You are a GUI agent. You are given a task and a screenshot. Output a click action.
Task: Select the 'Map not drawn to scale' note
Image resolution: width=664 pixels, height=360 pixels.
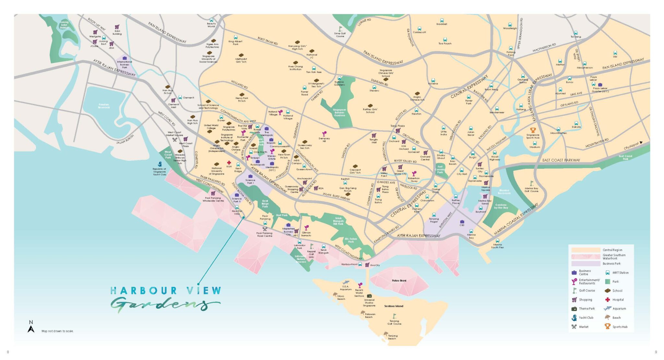pyautogui.click(x=58, y=331)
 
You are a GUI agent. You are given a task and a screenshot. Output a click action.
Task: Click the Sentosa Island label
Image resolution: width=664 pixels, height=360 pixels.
pyautogui.click(x=394, y=306)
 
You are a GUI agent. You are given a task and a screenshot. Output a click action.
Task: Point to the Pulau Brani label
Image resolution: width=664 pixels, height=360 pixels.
pyautogui.click(x=399, y=281)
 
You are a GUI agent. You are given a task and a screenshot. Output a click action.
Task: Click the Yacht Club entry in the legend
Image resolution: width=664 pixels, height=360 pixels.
pyautogui.click(x=586, y=318)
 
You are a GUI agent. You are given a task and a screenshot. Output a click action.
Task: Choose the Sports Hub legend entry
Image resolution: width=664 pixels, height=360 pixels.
pyautogui.click(x=620, y=327)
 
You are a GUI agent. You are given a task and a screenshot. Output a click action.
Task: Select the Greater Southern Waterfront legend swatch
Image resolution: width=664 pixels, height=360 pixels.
pyautogui.click(x=586, y=257)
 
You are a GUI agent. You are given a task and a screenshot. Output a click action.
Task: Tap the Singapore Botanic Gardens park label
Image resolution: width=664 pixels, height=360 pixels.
pyautogui.click(x=339, y=112)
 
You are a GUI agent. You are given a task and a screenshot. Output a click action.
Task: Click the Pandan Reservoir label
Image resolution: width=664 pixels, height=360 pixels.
pyautogui.click(x=104, y=106)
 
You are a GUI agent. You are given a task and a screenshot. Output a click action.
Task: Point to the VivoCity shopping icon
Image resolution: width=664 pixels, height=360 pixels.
pyautogui.click(x=367, y=265)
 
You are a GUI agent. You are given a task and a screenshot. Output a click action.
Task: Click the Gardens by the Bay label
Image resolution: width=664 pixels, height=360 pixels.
pyautogui.click(x=501, y=206)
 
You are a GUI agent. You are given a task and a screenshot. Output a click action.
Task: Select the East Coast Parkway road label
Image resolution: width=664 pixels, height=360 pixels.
pyautogui.click(x=561, y=160)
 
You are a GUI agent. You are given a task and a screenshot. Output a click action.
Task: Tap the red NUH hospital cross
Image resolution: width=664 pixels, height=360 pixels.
pyautogui.click(x=229, y=162)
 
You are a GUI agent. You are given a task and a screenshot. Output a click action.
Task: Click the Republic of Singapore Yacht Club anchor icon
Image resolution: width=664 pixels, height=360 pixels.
pyautogui.click(x=160, y=164)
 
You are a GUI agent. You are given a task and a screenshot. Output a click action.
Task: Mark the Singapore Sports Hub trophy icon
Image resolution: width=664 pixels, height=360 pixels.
pyautogui.click(x=533, y=130)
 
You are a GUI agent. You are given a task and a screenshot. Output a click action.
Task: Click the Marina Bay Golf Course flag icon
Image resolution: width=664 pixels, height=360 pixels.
pyautogui.click(x=531, y=184)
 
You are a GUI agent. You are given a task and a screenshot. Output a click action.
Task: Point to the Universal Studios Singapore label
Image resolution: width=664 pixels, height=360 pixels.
pyautogui.click(x=369, y=303)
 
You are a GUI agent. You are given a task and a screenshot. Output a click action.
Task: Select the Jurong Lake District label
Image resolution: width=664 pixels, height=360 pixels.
pyautogui.click(x=64, y=25)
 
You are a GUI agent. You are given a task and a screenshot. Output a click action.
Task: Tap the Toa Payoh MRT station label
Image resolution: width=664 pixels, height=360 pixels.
pyautogui.click(x=445, y=43)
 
